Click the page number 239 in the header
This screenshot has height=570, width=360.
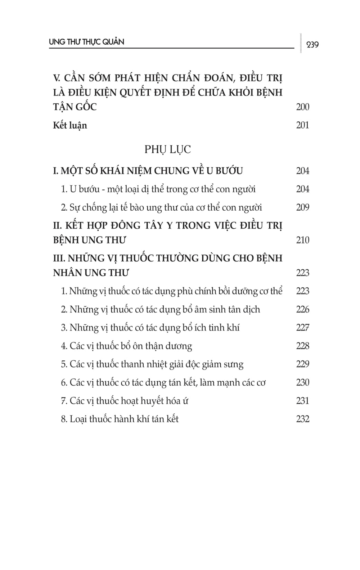click(312, 45)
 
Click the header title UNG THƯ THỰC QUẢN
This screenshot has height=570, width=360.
click(86, 42)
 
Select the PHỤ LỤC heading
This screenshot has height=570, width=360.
click(167, 149)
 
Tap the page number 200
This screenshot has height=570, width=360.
click(302, 107)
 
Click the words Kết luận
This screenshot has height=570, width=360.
click(70, 125)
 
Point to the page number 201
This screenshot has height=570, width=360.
click(302, 125)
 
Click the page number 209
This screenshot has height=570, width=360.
click(302, 207)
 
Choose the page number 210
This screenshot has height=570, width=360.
click(302, 240)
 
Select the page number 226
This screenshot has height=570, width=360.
click(302, 309)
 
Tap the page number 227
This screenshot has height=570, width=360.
click(302, 328)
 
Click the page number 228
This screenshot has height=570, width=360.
click(302, 346)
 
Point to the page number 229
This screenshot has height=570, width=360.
click(302, 364)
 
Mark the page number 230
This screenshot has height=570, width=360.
click(302, 382)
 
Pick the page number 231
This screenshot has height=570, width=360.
click(302, 401)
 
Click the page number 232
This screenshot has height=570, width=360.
click(302, 419)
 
